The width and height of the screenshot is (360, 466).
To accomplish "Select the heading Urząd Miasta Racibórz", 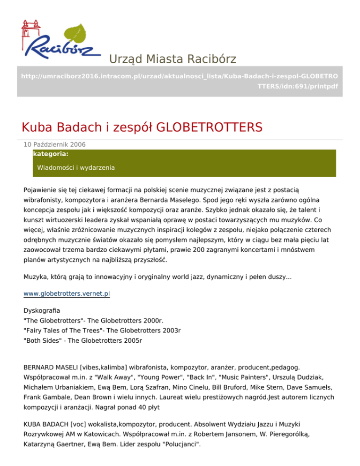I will [172, 59].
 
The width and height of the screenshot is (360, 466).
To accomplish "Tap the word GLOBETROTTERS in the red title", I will [209, 127].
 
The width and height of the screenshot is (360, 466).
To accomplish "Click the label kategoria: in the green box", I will [51, 153].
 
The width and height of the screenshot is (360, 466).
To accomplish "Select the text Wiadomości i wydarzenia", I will [76, 167].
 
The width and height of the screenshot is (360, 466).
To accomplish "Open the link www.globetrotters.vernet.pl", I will [67, 294].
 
